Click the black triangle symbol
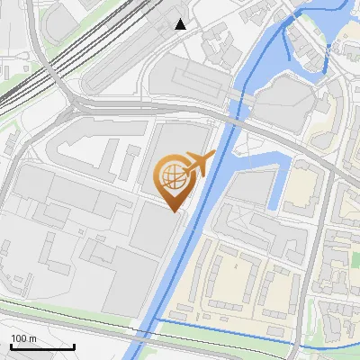(181, 24)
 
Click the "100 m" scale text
(24, 338)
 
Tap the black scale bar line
(42, 347)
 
